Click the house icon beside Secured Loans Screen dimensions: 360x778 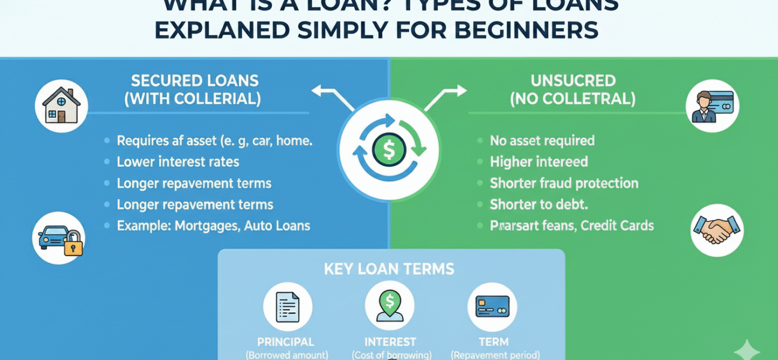(62, 107)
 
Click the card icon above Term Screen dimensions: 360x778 (492, 306)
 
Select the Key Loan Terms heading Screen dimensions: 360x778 (389, 269)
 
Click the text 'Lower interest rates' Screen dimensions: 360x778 (178, 162)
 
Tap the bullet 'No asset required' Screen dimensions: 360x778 (541, 141)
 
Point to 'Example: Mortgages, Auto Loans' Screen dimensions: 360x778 (213, 226)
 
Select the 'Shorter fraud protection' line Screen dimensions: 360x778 (564, 184)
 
